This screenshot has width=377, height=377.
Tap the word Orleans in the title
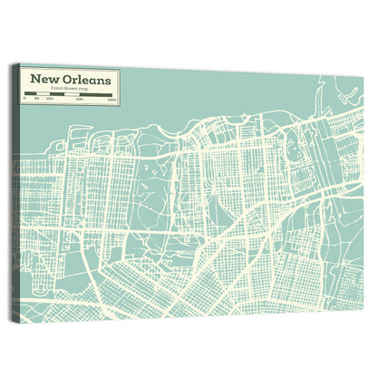(87, 79)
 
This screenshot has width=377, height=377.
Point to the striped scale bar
(69, 94)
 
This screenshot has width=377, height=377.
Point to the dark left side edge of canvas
(14, 190)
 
